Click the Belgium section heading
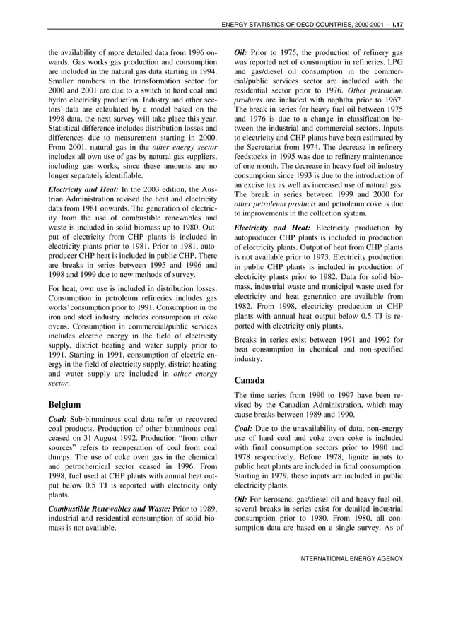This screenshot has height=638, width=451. click(68, 406)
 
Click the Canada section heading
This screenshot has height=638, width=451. click(254, 379)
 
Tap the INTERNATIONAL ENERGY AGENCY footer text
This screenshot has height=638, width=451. click(351, 558)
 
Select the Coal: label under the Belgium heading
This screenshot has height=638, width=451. click(57, 419)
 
